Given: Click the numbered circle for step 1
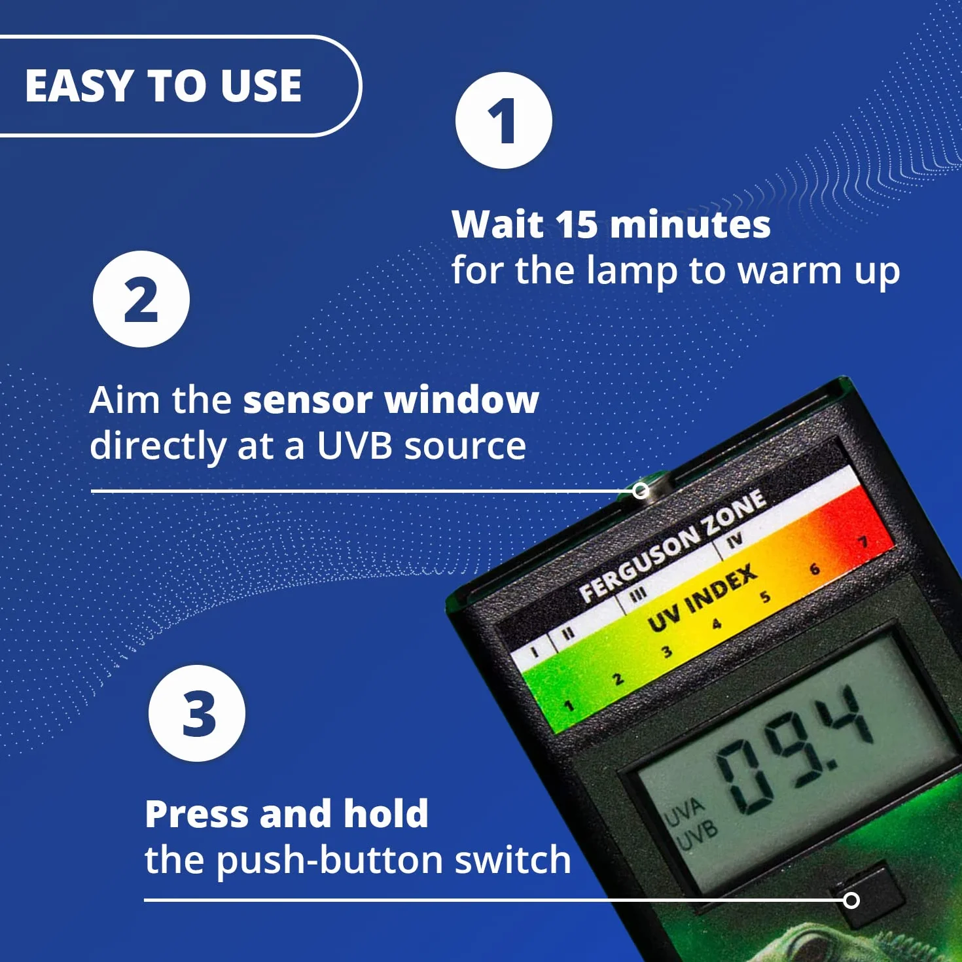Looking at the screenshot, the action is tap(504, 120).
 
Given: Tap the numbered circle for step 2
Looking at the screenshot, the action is tap(141, 299).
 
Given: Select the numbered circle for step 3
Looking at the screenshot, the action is tap(197, 713).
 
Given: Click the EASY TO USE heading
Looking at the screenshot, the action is tap(163, 85).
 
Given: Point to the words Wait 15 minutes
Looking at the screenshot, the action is tap(611, 224).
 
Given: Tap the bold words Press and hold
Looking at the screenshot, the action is tap(287, 813).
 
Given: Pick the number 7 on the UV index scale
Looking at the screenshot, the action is tap(863, 542).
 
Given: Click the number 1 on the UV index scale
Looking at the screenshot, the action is tap(568, 705).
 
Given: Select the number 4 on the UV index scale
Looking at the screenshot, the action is tap(717, 624).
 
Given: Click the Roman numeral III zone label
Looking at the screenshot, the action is tap(638, 593).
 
